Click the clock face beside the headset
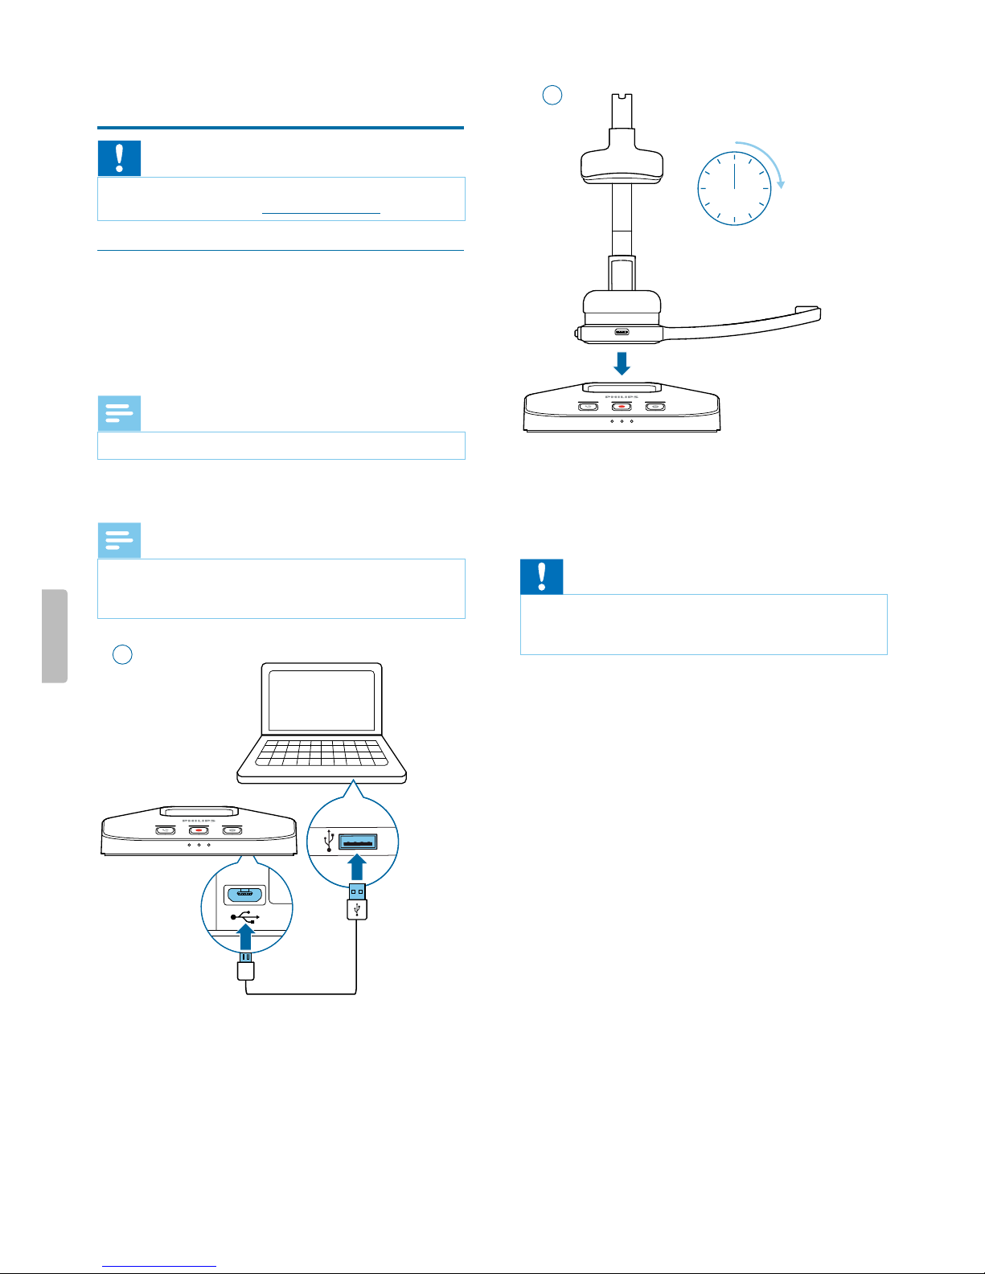[x=734, y=189]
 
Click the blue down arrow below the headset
[x=622, y=363]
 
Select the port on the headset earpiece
[x=622, y=332]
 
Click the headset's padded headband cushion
[x=622, y=164]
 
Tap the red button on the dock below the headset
[x=622, y=407]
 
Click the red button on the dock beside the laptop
[x=199, y=830]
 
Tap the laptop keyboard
[x=322, y=753]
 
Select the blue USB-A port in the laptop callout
[x=358, y=842]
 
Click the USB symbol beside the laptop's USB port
[x=329, y=841]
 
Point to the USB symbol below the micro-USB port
[x=244, y=916]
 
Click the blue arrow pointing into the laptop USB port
[x=358, y=867]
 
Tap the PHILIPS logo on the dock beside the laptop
[x=199, y=821]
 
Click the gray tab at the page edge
[x=55, y=636]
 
